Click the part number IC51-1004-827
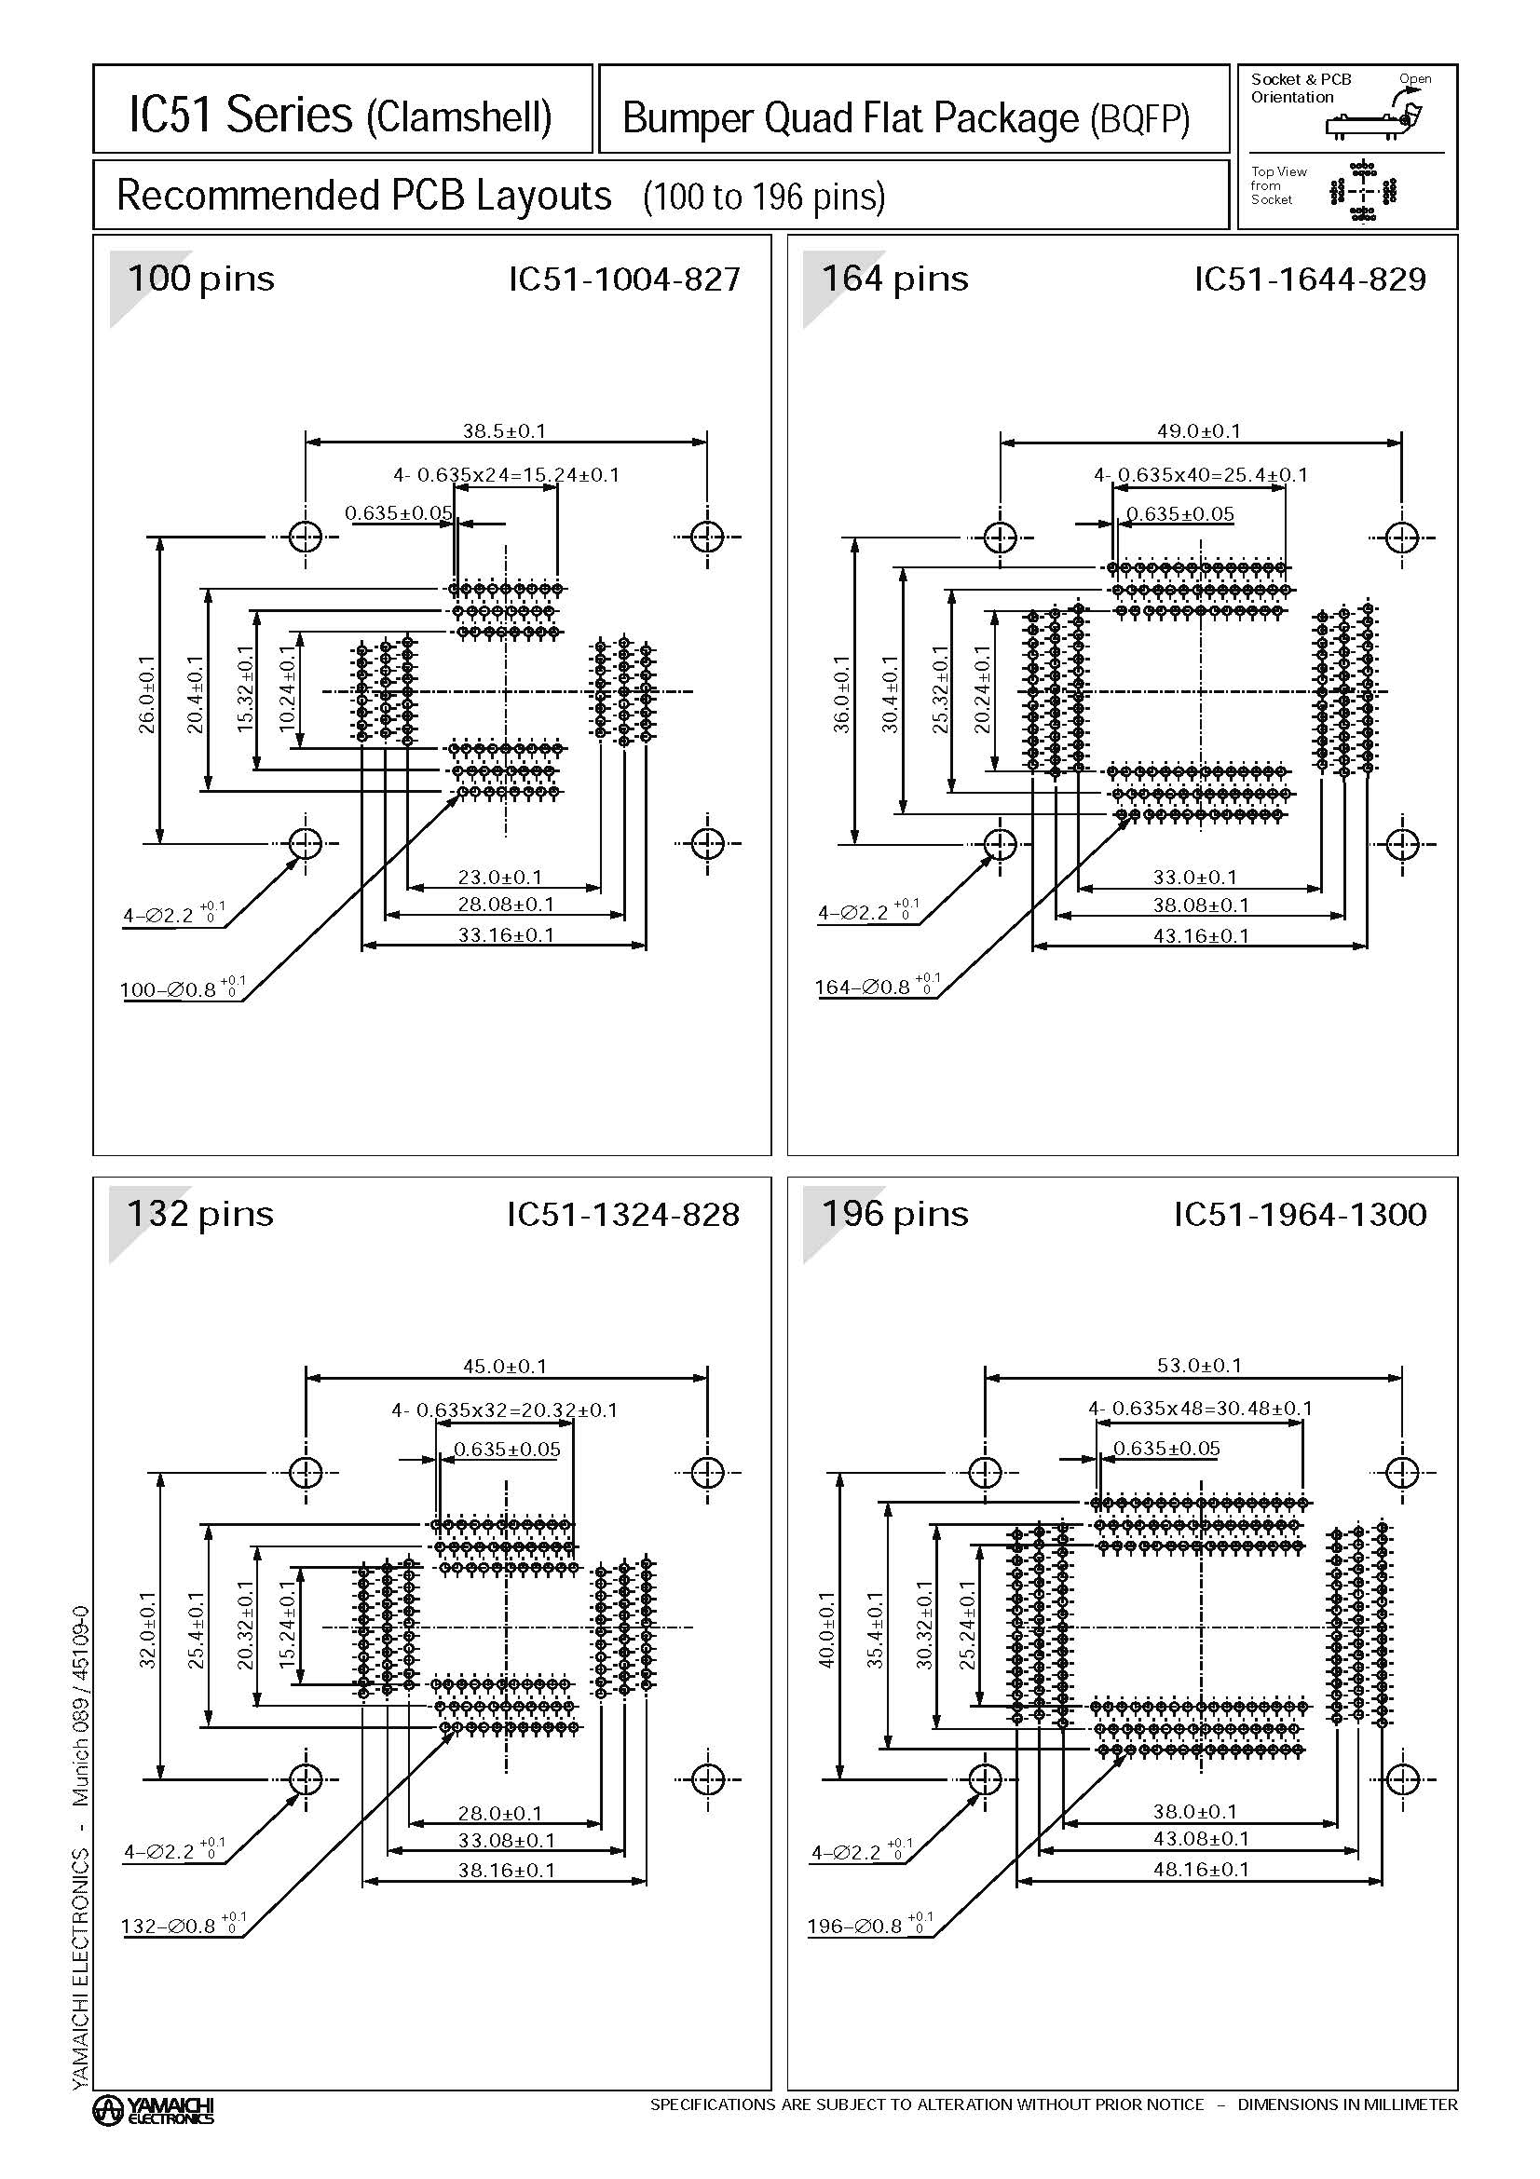pyautogui.click(x=624, y=279)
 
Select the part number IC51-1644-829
pyautogui.click(x=1310, y=279)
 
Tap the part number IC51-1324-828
pyautogui.click(x=622, y=1214)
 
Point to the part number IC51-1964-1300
pyautogui.click(x=1300, y=1214)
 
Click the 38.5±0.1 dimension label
pyautogui.click(x=504, y=431)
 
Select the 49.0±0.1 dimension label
pyautogui.click(x=1198, y=431)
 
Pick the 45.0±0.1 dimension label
pyautogui.click(x=504, y=1367)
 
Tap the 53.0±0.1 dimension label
pyautogui.click(x=1198, y=1366)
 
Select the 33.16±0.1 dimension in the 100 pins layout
pyautogui.click(x=506, y=934)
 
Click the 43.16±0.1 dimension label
pyautogui.click(x=1200, y=935)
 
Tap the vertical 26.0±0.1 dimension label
pyautogui.click(x=146, y=694)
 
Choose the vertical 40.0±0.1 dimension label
pyautogui.click(x=826, y=1629)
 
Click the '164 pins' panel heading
pyautogui.click(x=894, y=279)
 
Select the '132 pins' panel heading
pyautogui.click(x=200, y=1214)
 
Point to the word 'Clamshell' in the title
pyautogui.click(x=458, y=117)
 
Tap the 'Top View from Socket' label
pyautogui.click(x=1278, y=186)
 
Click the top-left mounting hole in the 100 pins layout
pyautogui.click(x=306, y=538)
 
